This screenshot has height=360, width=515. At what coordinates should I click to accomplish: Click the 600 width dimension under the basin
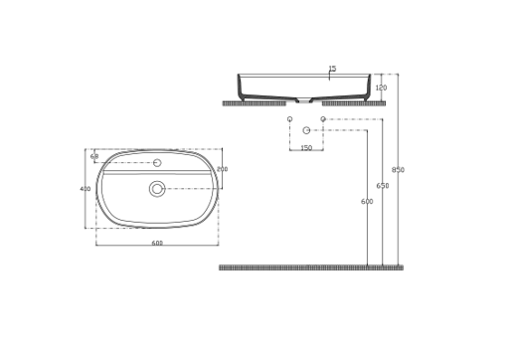[157, 243]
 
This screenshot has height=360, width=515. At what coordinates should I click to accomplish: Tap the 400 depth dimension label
[85, 188]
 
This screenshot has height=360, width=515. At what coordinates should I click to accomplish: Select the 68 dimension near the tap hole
[94, 156]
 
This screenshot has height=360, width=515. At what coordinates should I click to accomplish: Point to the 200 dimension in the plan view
[222, 169]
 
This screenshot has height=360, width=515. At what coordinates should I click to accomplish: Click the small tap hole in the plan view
[157, 163]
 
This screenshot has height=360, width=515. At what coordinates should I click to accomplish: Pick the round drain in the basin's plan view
[157, 189]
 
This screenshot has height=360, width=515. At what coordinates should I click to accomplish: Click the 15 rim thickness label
[332, 69]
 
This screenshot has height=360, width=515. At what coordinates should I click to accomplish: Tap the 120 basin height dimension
[381, 88]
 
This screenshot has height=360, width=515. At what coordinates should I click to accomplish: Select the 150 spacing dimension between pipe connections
[306, 148]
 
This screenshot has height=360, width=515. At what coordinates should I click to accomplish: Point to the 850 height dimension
[398, 170]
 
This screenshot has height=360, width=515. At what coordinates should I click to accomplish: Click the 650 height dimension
[383, 186]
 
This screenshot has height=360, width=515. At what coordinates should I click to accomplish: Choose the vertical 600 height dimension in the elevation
[367, 202]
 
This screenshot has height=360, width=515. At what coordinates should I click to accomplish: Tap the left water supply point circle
[290, 119]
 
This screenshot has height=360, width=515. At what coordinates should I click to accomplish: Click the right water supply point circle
[323, 119]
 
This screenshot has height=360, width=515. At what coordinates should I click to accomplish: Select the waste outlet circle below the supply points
[306, 130]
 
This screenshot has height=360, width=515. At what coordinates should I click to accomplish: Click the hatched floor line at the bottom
[310, 267]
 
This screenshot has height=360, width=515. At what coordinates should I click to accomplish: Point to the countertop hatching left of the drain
[254, 102]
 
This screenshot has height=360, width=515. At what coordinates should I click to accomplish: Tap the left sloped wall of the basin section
[243, 88]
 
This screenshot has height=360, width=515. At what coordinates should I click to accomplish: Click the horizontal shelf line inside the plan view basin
[157, 171]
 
